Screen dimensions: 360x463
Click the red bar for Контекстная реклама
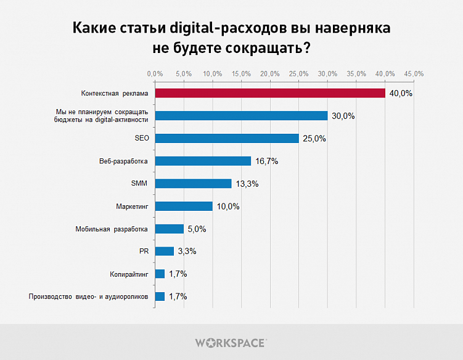(269, 93)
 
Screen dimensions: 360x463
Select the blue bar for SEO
(226, 139)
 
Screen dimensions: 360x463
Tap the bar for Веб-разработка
(203, 161)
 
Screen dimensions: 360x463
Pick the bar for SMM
(193, 184)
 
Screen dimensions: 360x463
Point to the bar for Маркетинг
(184, 206)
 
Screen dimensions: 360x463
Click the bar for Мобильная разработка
(169, 229)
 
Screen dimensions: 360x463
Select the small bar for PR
(164, 251)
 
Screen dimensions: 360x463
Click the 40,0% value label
(400, 94)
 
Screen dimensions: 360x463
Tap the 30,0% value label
(342, 116)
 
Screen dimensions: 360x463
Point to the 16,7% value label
(266, 162)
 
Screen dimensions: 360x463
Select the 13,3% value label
(247, 184)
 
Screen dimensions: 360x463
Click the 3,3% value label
(187, 252)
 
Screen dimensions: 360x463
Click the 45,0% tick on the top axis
(414, 74)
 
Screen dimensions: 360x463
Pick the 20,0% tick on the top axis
(270, 74)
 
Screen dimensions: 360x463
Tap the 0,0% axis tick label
(155, 74)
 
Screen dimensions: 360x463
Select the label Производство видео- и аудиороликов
(89, 297)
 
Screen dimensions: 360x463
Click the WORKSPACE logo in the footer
(231, 342)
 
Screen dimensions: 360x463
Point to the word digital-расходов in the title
(202, 28)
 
